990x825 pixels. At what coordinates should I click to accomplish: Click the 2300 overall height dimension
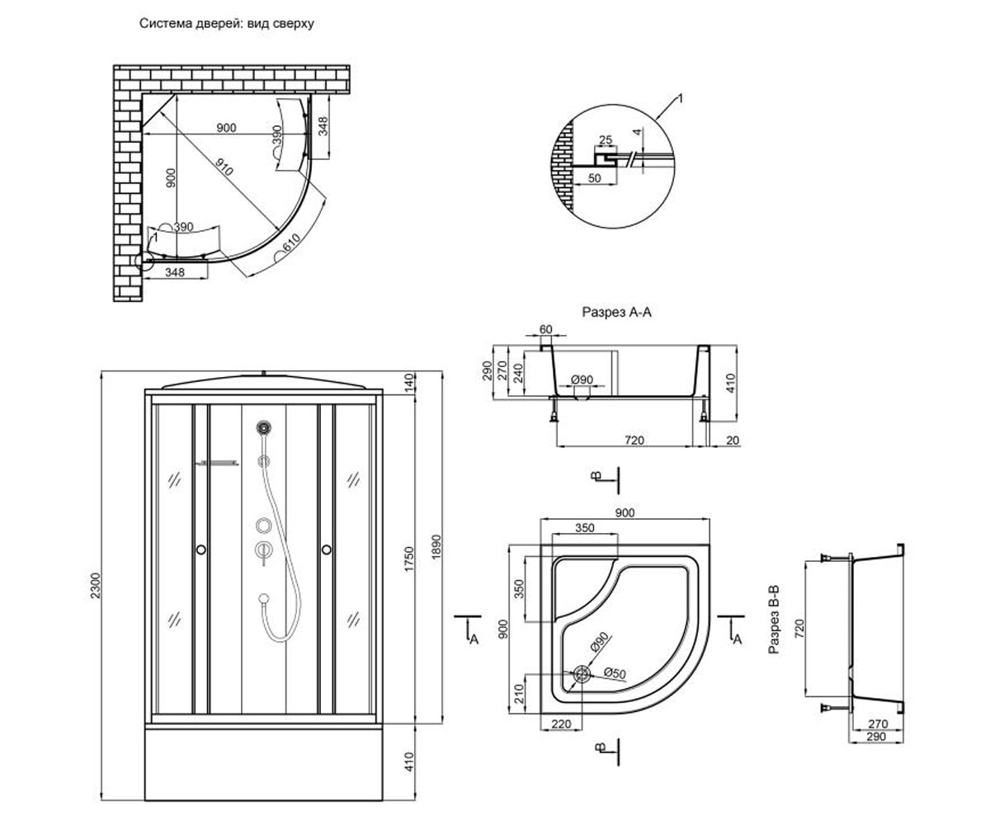click(x=96, y=586)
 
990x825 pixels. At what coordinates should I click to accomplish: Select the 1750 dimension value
click(x=409, y=559)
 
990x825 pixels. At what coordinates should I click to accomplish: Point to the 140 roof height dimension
click(x=409, y=382)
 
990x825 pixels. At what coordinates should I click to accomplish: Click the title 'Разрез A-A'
click(x=616, y=312)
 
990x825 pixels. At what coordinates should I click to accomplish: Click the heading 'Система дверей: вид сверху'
click(x=227, y=23)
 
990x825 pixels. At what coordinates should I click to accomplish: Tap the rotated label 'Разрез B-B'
click(x=774, y=620)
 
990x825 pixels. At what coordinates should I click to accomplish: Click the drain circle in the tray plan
click(x=582, y=674)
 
